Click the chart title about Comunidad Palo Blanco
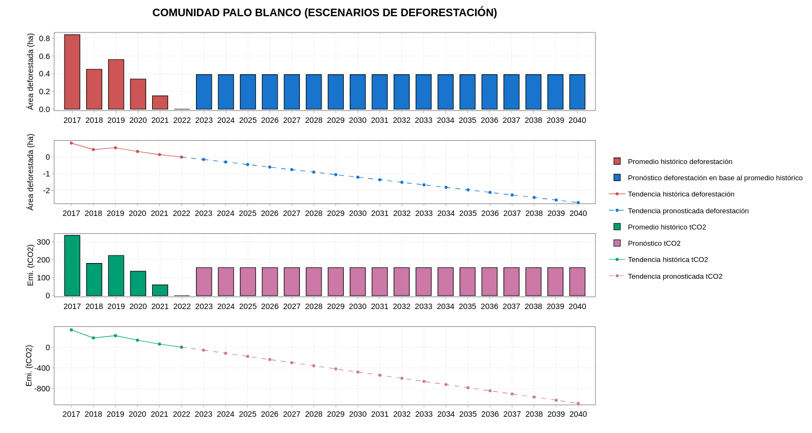(324, 12)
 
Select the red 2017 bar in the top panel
(72, 72)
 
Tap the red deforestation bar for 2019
(116, 84)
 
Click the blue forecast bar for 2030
(357, 92)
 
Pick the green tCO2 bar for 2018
(94, 280)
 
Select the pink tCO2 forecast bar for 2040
(577, 281)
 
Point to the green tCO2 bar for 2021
(160, 290)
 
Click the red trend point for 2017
(71, 143)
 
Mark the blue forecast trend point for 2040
(578, 202)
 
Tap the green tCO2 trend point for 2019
(115, 336)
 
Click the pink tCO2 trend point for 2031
(379, 375)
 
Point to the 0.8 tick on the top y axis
(44, 38)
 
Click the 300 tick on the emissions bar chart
(44, 242)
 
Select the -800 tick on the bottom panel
(42, 389)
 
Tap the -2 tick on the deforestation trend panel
(47, 191)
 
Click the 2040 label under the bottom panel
(578, 414)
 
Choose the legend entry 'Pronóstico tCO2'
(654, 244)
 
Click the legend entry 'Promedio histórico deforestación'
(680, 161)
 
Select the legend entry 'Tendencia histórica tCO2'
(667, 260)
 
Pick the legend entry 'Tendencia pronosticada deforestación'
(688, 211)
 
